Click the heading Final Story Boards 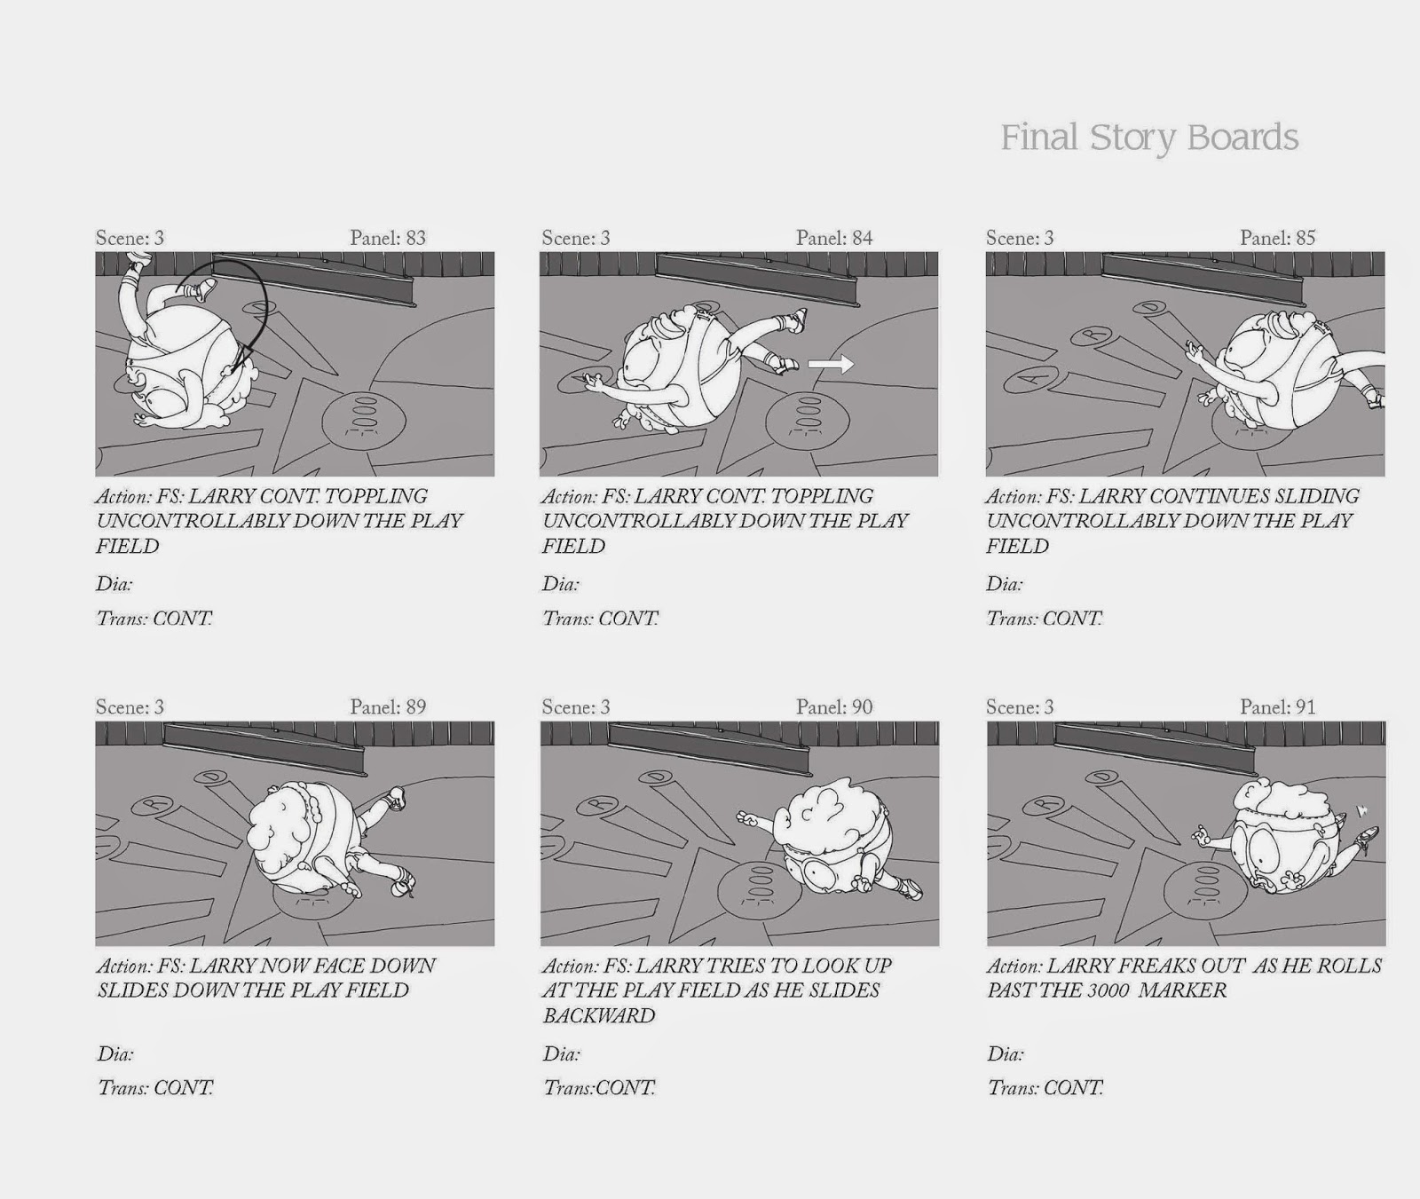tap(1149, 138)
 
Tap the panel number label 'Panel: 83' tap(388, 238)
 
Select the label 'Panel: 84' tap(834, 238)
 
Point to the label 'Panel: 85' tap(1278, 238)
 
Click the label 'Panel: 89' tap(388, 707)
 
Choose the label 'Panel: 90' tap(834, 707)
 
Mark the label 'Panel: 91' tap(1278, 707)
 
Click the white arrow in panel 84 tap(831, 363)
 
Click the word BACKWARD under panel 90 tap(599, 1015)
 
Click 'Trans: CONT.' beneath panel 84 tap(600, 619)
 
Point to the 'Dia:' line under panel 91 tap(1006, 1054)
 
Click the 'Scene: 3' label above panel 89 tap(130, 707)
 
